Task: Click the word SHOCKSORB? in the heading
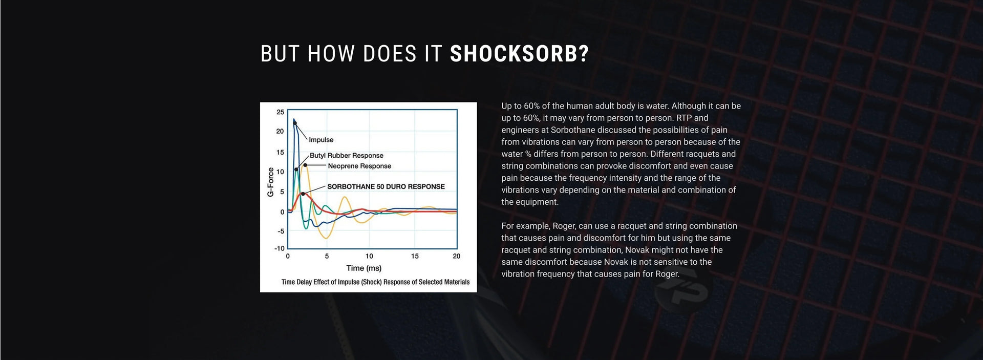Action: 519,54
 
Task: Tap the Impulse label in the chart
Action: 321,140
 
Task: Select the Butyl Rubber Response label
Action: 347,156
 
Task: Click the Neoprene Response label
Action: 359,166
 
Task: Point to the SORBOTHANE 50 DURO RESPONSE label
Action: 386,186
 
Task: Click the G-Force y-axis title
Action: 270,182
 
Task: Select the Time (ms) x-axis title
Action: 364,268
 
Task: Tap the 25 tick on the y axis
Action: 280,112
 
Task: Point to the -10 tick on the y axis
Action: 280,248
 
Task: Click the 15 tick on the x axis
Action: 415,256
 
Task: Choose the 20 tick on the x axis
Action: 456,256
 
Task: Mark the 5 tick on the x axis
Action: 327,256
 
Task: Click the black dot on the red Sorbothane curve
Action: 303,194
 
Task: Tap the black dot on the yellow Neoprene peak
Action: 305,165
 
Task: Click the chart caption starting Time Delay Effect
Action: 375,282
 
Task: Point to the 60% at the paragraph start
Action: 532,106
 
